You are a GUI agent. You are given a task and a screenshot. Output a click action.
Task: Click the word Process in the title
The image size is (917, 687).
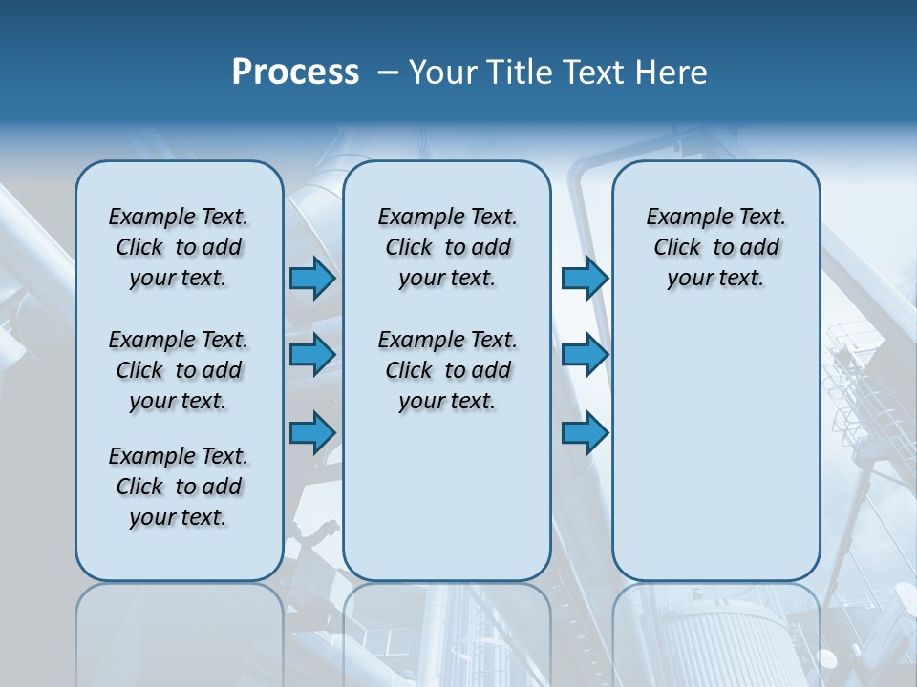click(295, 73)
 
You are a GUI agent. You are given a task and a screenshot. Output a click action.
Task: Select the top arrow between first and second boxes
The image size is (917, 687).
click(312, 278)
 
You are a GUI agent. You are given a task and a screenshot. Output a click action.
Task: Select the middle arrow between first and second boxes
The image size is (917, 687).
click(312, 355)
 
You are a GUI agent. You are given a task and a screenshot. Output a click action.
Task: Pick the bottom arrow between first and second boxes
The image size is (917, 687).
click(312, 432)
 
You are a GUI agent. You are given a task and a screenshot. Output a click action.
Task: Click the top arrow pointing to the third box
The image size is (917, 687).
click(585, 278)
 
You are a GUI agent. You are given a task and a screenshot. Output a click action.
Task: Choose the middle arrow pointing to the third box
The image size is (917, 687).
click(585, 355)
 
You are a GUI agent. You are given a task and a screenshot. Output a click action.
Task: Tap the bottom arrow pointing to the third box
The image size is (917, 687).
click(585, 432)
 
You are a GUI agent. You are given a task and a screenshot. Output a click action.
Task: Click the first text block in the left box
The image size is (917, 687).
click(179, 247)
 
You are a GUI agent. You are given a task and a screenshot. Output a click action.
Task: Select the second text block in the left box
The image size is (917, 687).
click(179, 370)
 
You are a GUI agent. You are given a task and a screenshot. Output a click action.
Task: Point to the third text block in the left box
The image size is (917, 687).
click(179, 487)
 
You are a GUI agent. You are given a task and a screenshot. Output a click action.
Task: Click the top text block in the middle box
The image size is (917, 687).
click(447, 247)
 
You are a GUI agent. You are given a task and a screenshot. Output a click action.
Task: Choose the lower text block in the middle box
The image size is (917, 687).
click(447, 370)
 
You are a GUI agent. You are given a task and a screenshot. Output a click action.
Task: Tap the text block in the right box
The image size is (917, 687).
click(715, 247)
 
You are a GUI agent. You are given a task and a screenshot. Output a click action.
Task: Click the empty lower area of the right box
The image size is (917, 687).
click(715, 448)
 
